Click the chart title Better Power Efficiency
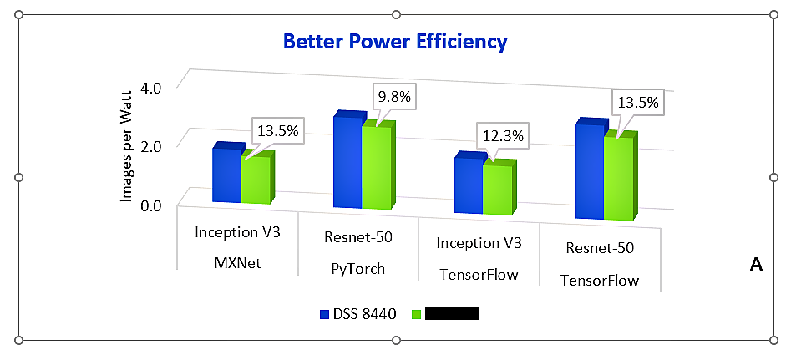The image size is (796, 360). click(x=395, y=42)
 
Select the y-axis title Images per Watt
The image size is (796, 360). click(x=126, y=146)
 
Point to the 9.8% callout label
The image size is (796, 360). click(x=394, y=96)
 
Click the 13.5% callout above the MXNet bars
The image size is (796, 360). click(x=276, y=131)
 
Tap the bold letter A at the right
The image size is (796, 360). click(x=757, y=264)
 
